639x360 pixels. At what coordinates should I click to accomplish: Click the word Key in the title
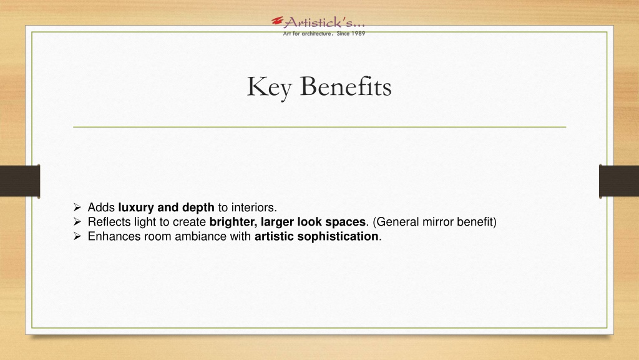[269, 87]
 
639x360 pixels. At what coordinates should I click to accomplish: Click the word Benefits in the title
[346, 86]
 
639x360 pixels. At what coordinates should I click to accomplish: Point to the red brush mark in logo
[278, 21]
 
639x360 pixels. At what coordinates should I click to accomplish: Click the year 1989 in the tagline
[358, 34]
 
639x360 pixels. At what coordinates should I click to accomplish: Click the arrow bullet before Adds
[77, 207]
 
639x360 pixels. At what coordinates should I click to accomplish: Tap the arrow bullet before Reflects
[77, 222]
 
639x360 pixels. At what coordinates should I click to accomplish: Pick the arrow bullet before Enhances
[77, 236]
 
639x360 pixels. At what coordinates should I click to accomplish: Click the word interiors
[253, 207]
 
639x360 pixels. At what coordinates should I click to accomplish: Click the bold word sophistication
[338, 237]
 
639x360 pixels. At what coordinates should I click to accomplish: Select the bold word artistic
[274, 236]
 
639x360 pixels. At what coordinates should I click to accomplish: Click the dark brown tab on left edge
[20, 181]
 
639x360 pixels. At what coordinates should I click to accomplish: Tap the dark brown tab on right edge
[619, 181]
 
